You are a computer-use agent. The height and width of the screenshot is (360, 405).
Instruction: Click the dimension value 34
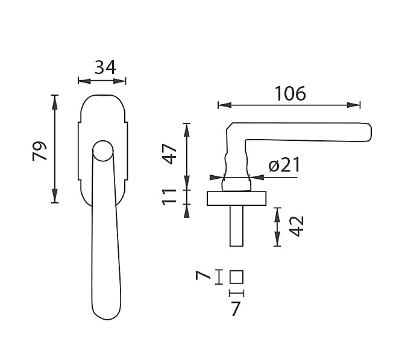105,67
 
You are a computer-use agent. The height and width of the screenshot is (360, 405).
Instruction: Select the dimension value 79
40,151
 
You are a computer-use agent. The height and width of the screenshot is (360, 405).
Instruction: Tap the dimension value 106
290,93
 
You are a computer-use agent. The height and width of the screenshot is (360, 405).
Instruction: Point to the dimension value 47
170,154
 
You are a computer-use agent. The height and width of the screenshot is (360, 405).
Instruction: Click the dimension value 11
169,197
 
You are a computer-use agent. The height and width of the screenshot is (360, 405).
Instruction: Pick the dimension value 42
297,226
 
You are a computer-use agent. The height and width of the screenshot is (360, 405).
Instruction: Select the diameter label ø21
284,165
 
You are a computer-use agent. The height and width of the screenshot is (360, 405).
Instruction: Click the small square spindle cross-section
236,277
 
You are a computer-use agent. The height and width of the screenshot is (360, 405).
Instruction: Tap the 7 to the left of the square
203,276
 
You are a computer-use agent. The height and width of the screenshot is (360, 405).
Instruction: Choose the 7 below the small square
235,309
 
